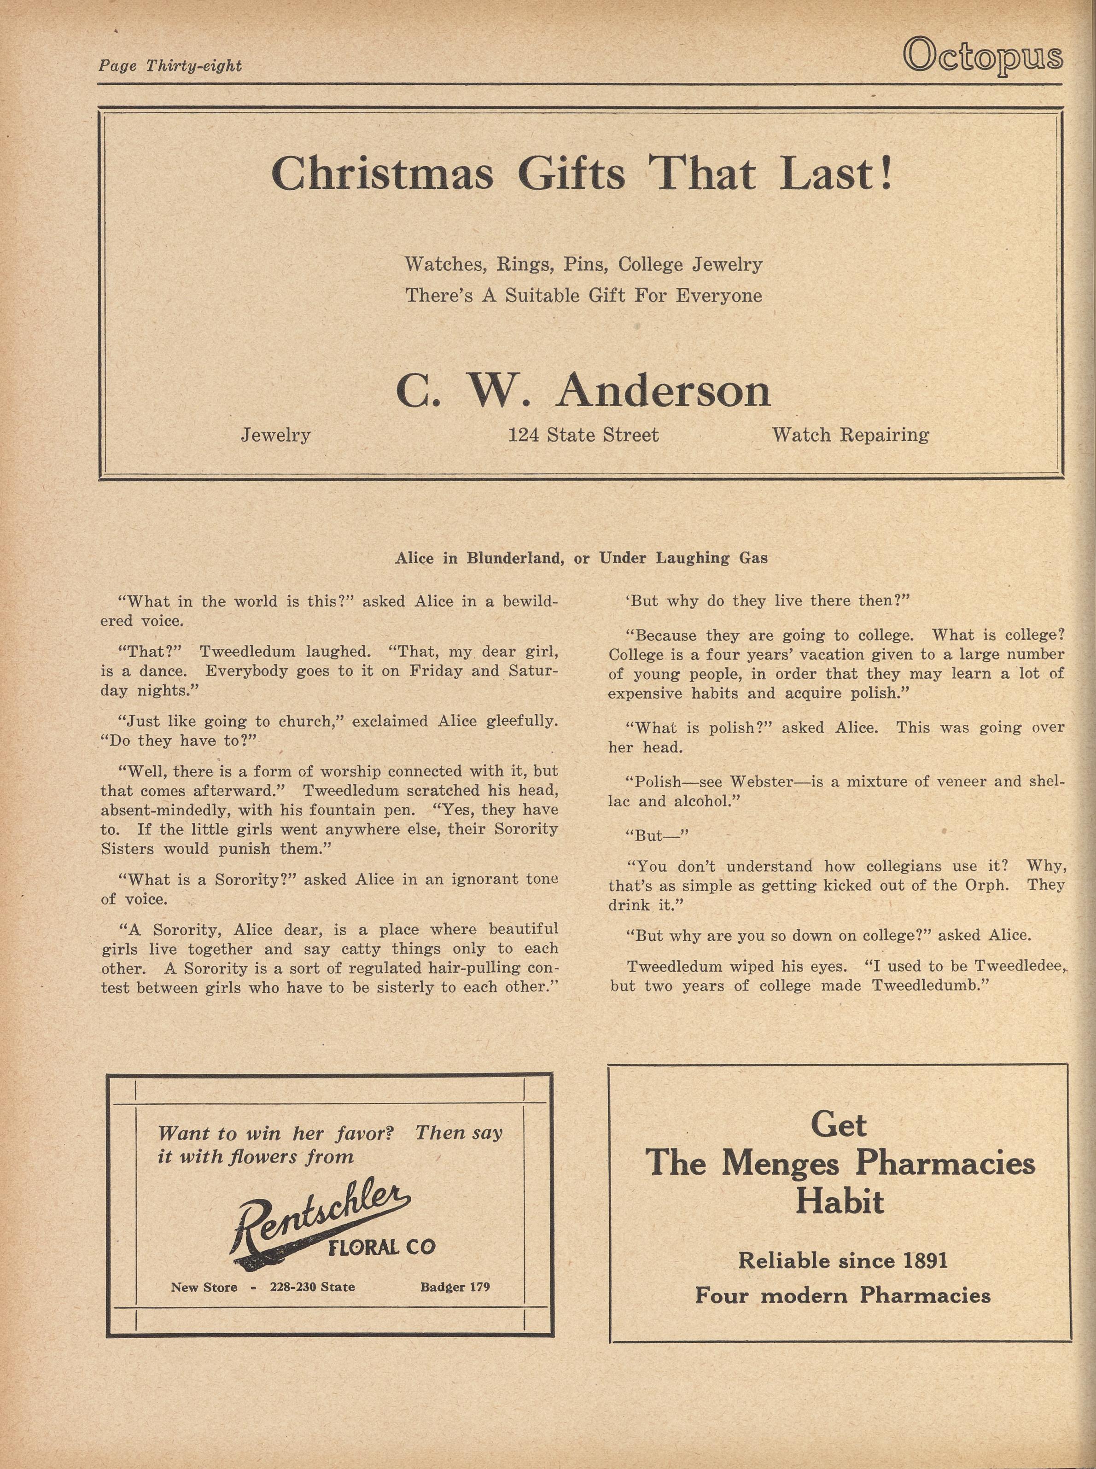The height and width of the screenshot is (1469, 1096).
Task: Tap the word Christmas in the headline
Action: [x=382, y=174]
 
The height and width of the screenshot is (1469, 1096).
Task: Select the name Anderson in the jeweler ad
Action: [x=664, y=391]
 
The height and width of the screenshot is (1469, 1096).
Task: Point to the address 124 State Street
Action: [x=583, y=435]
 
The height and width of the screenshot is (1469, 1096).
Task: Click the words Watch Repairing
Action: [x=850, y=435]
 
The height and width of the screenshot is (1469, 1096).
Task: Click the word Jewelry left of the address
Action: [x=275, y=435]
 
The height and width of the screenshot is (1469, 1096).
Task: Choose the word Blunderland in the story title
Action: [x=512, y=558]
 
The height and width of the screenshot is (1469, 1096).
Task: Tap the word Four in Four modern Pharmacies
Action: [x=721, y=1295]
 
